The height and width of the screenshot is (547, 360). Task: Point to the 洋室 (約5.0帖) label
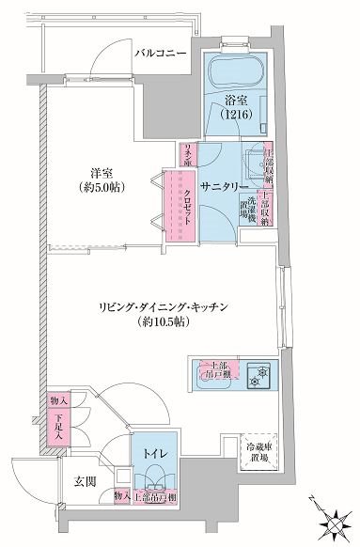click(103, 180)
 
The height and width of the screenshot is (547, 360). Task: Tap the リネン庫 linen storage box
click(188, 154)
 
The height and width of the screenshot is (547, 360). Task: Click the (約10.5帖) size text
click(169, 323)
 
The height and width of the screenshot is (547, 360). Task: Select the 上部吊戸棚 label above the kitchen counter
click(218, 369)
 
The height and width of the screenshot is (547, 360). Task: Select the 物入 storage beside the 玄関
click(121, 495)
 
